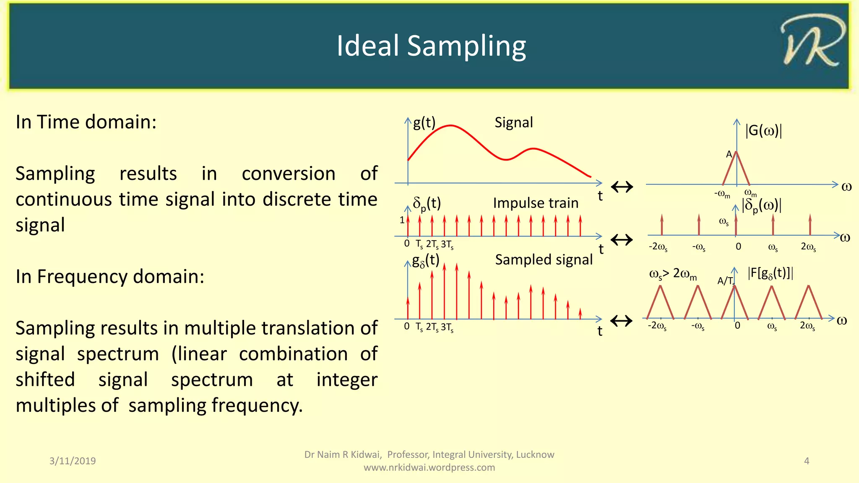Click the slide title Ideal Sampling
click(431, 46)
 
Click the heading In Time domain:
click(86, 122)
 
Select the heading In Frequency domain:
click(110, 277)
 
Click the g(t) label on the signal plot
click(424, 122)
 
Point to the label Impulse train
click(536, 203)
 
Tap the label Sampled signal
click(544, 260)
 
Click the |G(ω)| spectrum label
click(763, 131)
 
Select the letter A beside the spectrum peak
click(729, 154)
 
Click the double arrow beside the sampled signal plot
click(621, 321)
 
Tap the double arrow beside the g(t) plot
click(622, 187)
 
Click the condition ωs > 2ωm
click(673, 274)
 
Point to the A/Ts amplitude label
click(726, 280)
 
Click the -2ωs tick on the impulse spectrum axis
click(658, 247)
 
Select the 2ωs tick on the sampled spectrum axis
click(807, 326)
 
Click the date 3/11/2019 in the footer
click(73, 461)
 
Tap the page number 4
click(806, 461)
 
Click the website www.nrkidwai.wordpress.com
click(429, 467)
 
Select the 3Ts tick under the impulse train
click(447, 244)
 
